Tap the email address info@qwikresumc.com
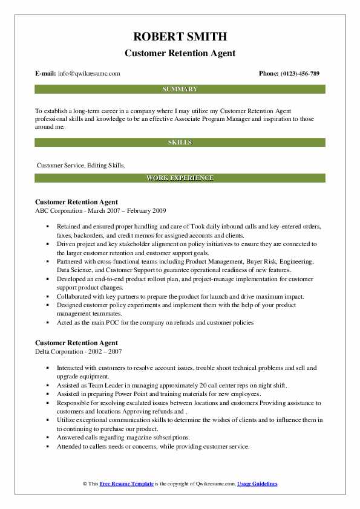[89, 74]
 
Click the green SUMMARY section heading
[180, 89]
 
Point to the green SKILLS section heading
[180, 143]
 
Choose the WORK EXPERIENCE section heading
[180, 178]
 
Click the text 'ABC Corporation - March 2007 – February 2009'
[100, 210]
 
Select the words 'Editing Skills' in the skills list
[109, 164]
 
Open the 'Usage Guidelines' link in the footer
[257, 484]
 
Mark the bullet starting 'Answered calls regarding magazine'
[123, 437]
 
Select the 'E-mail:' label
[45, 74]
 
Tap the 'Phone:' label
[268, 74]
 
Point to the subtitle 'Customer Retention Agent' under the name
[180, 53]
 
